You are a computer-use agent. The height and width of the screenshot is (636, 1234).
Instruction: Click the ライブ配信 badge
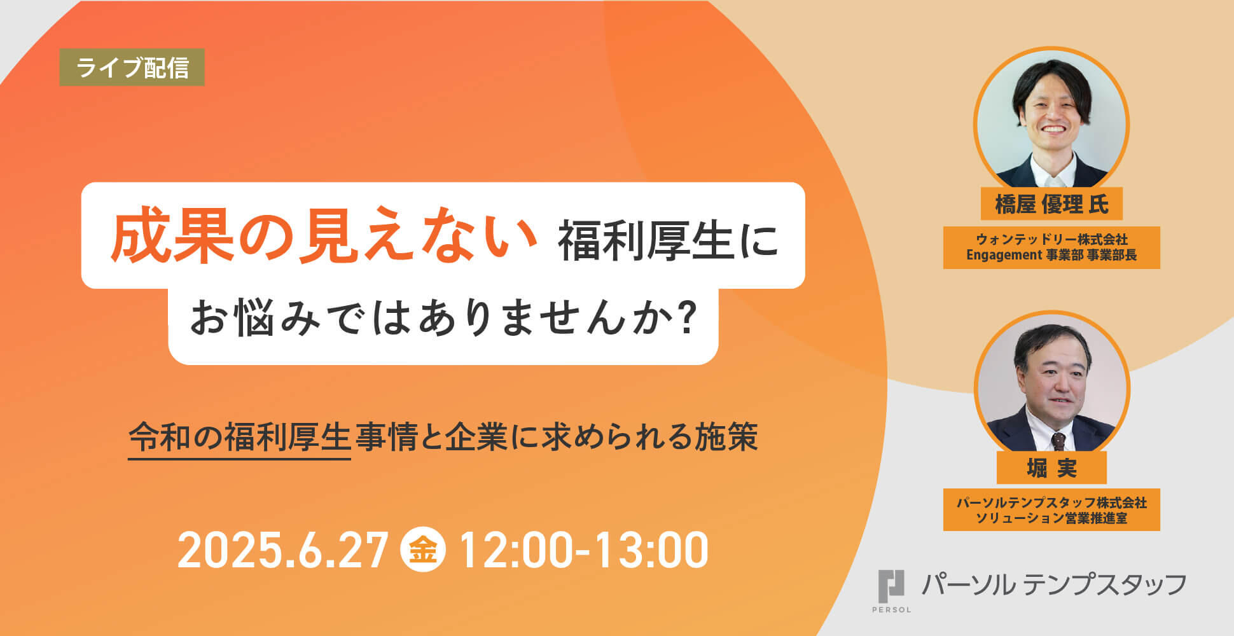tap(132, 67)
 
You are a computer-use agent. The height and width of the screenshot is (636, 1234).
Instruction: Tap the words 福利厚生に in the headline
tap(668, 242)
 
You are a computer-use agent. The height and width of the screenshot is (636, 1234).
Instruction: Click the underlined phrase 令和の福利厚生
tap(240, 438)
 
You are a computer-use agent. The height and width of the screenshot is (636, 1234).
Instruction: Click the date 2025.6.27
tap(283, 550)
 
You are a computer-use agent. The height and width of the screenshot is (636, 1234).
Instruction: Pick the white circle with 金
tap(423, 550)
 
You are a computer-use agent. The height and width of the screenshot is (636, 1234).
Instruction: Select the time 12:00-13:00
tap(583, 550)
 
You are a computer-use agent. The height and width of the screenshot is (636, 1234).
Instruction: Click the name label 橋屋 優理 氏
tap(1051, 204)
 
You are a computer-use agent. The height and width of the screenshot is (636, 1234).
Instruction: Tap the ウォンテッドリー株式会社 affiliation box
tap(1051, 247)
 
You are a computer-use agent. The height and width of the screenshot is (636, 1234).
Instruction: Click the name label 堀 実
tap(1051, 468)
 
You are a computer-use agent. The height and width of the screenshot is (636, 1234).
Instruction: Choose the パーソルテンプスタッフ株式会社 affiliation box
tap(1051, 510)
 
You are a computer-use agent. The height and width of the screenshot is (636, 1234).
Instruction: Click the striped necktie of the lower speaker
tap(1058, 441)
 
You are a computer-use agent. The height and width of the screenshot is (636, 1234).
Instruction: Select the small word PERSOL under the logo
tap(891, 610)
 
